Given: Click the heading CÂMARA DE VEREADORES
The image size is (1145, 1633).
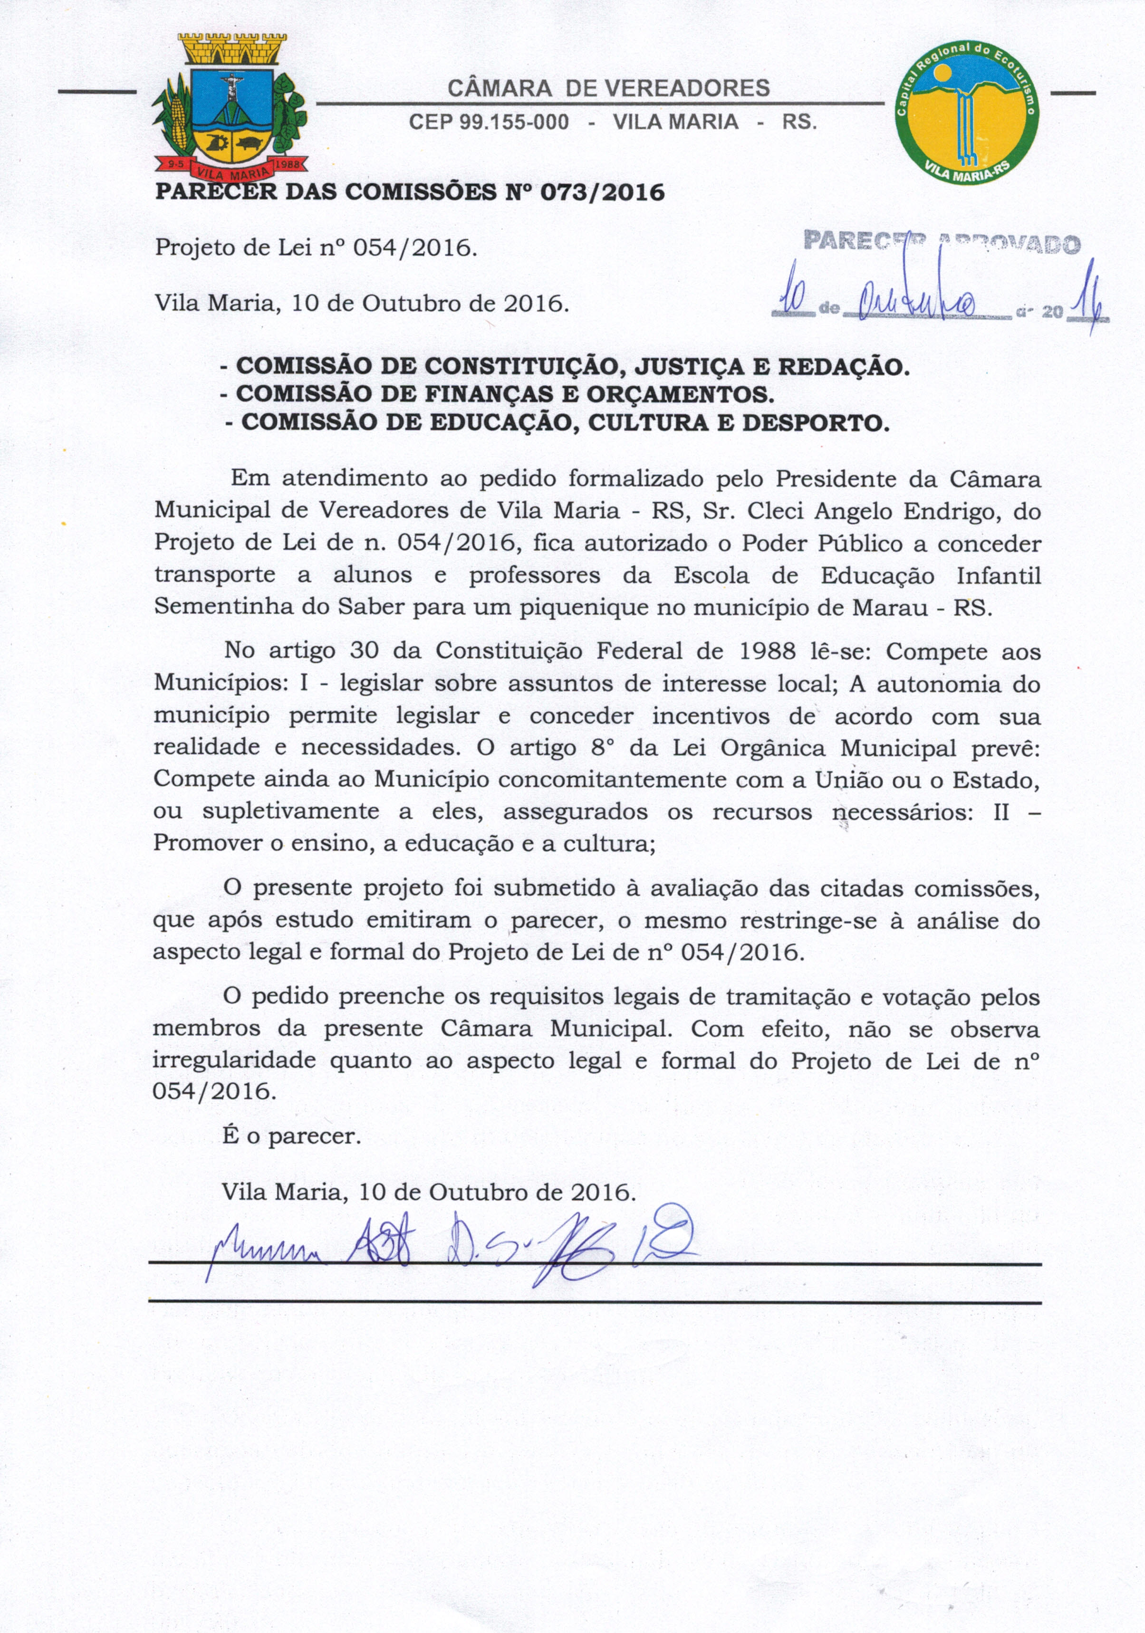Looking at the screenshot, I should click(608, 88).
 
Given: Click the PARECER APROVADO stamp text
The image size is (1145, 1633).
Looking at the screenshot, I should click(942, 242).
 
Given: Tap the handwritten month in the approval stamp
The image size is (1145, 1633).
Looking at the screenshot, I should click(918, 304).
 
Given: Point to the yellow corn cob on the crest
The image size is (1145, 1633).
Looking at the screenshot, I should click(178, 121).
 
